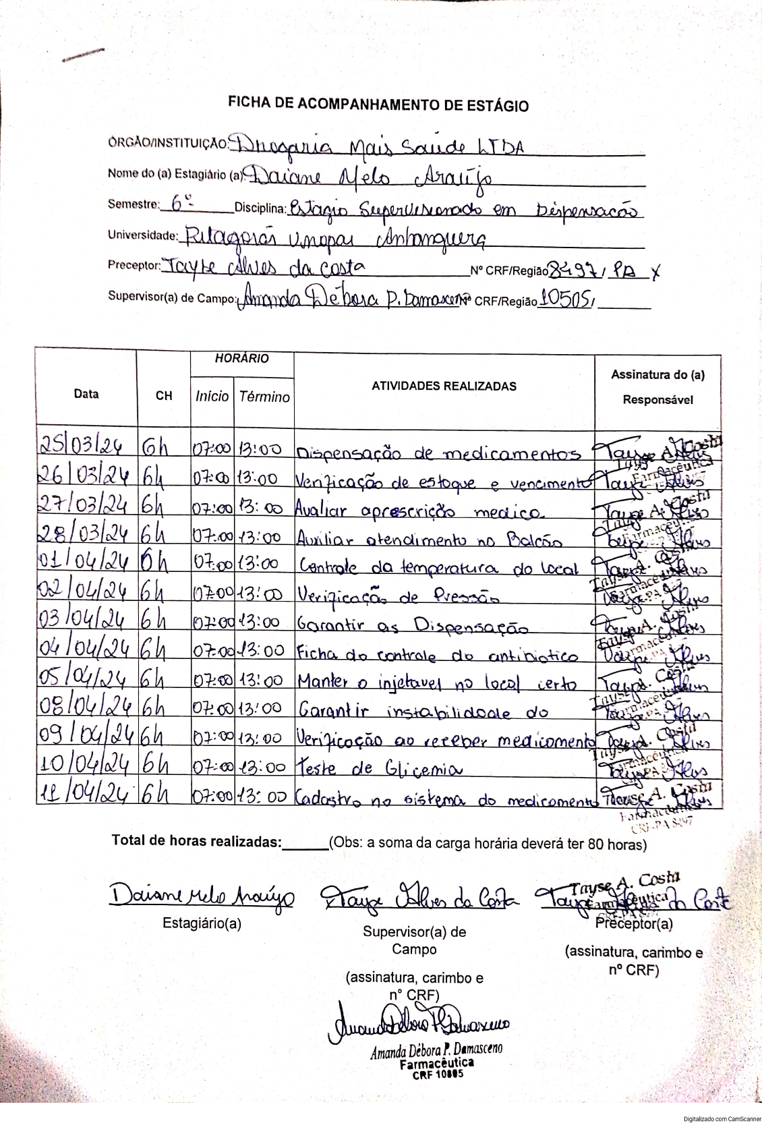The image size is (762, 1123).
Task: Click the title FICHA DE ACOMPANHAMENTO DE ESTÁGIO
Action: point(378,105)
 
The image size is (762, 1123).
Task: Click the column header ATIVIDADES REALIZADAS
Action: point(444,386)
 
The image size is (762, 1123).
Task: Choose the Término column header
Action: point(264,397)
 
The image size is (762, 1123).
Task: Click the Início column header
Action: point(212,397)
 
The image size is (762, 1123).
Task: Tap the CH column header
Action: point(164,396)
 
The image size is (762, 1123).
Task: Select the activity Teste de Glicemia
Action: point(380,768)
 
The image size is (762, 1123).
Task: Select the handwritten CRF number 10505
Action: point(565,299)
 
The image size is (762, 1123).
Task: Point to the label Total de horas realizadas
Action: point(196,842)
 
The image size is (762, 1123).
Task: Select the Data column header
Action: point(86,395)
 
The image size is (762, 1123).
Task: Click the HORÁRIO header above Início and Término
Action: point(241,359)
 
